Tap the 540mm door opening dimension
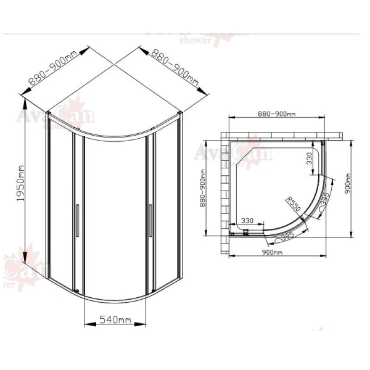pyautogui.click(x=115, y=319)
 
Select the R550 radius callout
pyautogui.click(x=292, y=204)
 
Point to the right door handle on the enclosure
pyautogui.click(x=149, y=221)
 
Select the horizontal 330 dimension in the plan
pyautogui.click(x=248, y=220)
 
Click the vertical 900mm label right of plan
pyautogui.click(x=348, y=184)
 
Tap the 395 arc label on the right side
pyautogui.click(x=325, y=201)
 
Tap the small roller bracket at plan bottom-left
pyautogui.click(x=245, y=232)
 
